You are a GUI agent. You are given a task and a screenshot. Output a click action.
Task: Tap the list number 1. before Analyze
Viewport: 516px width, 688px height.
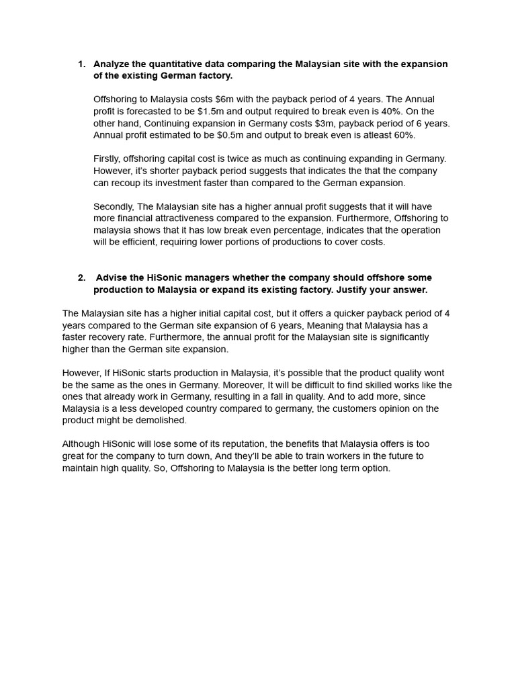click(82, 64)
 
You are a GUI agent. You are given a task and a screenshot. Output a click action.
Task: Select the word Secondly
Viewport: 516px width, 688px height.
click(114, 206)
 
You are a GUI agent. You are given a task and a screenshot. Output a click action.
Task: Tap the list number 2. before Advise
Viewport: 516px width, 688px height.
click(82, 277)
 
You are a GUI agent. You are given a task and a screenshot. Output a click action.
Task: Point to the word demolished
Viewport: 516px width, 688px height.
click(161, 421)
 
